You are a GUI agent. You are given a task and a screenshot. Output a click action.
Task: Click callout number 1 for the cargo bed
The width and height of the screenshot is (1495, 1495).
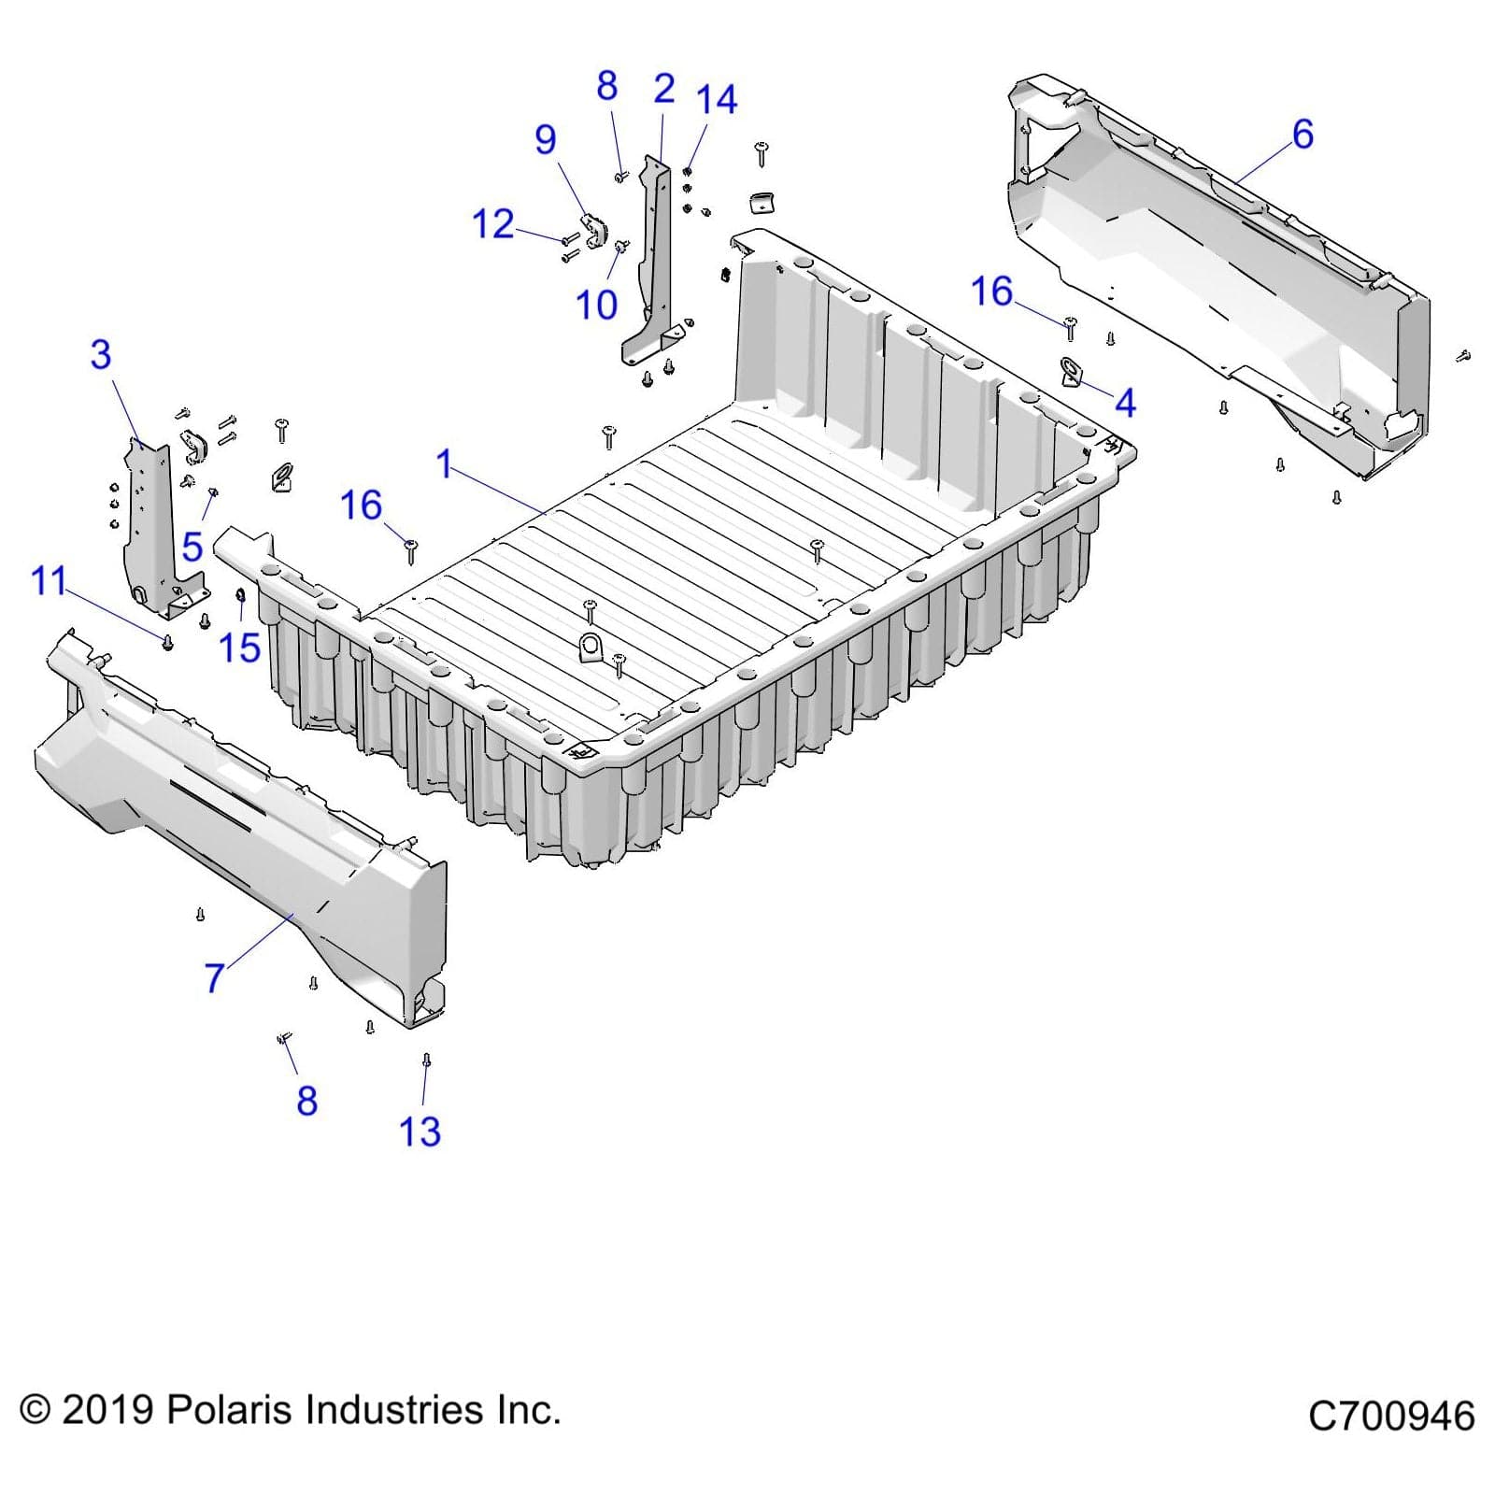pyautogui.click(x=445, y=464)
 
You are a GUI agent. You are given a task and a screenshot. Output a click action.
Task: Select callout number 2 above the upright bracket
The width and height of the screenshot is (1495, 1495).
pyautogui.click(x=663, y=89)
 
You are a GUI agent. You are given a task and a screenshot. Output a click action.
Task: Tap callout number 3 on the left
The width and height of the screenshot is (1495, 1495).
pyautogui.click(x=101, y=355)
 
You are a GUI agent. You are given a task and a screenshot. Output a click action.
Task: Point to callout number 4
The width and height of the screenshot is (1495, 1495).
pyautogui.click(x=1125, y=403)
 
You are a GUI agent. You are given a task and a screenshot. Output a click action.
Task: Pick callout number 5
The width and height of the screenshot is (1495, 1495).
pyautogui.click(x=192, y=547)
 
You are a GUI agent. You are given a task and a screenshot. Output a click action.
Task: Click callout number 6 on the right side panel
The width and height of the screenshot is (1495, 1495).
pyautogui.click(x=1303, y=135)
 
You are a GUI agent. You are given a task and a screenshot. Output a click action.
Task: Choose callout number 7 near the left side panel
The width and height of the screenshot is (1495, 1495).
pyautogui.click(x=215, y=978)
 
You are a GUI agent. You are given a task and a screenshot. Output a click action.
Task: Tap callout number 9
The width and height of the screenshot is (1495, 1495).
pyautogui.click(x=546, y=140)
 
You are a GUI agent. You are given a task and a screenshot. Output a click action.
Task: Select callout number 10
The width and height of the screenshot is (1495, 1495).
pyautogui.click(x=596, y=305)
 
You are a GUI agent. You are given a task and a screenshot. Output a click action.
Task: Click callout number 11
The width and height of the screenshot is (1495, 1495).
pyautogui.click(x=50, y=581)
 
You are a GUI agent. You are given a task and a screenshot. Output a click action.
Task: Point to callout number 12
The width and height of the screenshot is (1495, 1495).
pyautogui.click(x=493, y=224)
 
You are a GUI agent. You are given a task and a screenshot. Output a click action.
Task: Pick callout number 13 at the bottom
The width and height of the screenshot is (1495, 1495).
pyautogui.click(x=420, y=1132)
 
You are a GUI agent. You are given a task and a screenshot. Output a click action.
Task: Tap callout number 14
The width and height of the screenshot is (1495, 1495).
pyautogui.click(x=717, y=100)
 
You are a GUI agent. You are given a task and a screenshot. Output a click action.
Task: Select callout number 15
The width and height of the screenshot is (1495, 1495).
pyautogui.click(x=239, y=648)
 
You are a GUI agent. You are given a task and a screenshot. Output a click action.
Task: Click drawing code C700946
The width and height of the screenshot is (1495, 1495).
pyautogui.click(x=1390, y=1417)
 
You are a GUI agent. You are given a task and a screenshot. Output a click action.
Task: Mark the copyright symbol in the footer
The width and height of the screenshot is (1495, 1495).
pyautogui.click(x=35, y=1410)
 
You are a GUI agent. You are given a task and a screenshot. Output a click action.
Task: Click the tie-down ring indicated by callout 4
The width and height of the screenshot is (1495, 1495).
pyautogui.click(x=1071, y=371)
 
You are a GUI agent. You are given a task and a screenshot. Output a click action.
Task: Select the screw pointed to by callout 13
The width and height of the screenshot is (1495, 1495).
pyautogui.click(x=427, y=1061)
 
